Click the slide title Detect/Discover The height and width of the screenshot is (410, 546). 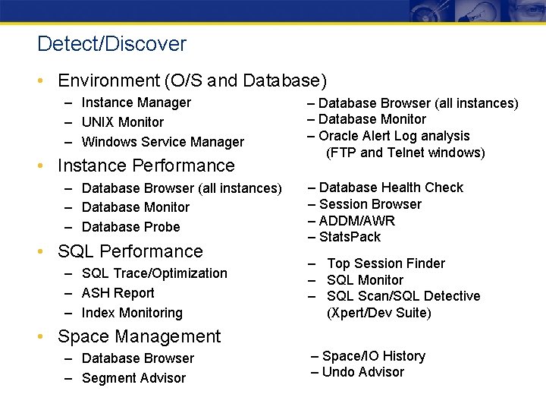(x=111, y=44)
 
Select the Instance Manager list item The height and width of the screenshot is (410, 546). (x=136, y=102)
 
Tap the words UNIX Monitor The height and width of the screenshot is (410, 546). (x=122, y=122)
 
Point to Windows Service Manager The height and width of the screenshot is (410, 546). (x=162, y=142)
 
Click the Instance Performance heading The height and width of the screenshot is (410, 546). (x=146, y=166)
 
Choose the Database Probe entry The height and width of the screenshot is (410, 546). (x=130, y=227)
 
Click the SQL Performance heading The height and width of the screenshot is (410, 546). (x=130, y=251)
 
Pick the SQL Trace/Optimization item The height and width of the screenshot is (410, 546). (x=154, y=273)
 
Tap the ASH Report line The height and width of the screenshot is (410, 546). (x=118, y=293)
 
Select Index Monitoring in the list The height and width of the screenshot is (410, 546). (x=132, y=313)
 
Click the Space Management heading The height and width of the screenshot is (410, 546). (x=140, y=336)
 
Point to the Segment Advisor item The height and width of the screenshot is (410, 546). (x=133, y=378)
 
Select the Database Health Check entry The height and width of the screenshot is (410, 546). (x=391, y=188)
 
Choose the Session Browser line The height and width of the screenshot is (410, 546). (x=370, y=204)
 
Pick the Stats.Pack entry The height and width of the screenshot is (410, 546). (x=350, y=237)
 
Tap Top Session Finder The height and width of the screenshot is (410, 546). (x=386, y=263)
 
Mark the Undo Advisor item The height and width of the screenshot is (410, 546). (x=363, y=372)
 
